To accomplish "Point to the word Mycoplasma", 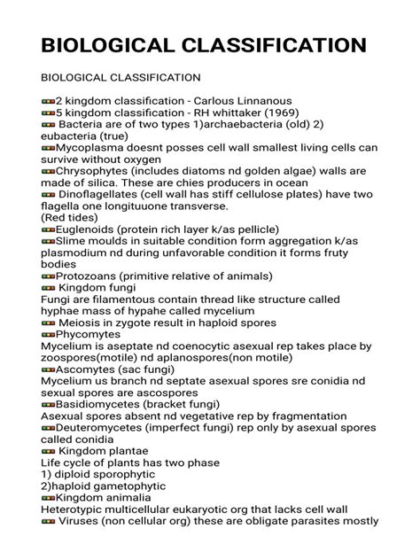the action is (94, 147).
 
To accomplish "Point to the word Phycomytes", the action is (94, 334).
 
